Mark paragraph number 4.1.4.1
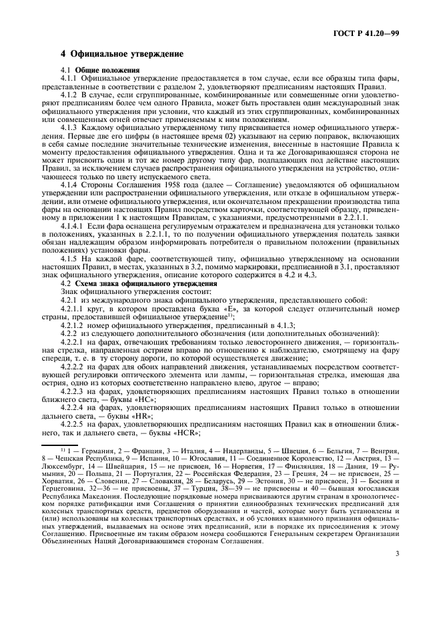[73, 229]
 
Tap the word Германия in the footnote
[85, 470]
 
